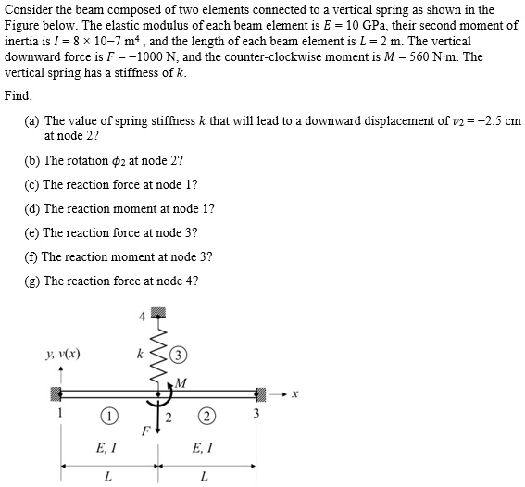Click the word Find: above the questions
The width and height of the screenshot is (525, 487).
pos(19,96)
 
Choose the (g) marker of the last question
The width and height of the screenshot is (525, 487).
pos(31,281)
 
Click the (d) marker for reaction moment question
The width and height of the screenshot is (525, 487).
pos(31,208)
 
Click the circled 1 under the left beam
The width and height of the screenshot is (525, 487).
pos(109,415)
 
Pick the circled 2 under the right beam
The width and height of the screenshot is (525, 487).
pos(206,415)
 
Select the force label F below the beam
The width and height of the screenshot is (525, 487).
pos(144,431)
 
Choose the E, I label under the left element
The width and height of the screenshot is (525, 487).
pos(106,447)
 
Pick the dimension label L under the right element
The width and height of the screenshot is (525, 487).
pos(203,477)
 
